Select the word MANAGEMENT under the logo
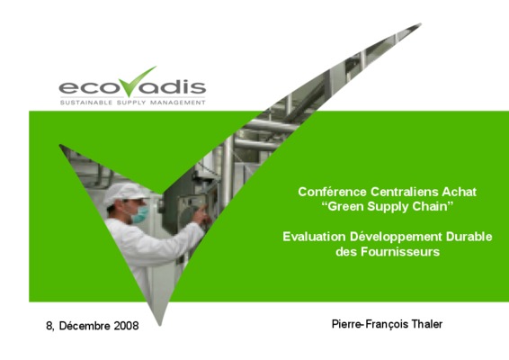click(x=177, y=103)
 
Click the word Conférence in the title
click(x=332, y=192)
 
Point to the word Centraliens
click(x=404, y=192)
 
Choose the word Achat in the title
click(x=459, y=192)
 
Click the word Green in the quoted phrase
click(x=345, y=207)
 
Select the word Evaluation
click(x=314, y=237)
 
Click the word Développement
click(x=396, y=238)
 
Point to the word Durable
click(x=469, y=237)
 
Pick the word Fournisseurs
click(x=400, y=252)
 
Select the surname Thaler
click(x=427, y=324)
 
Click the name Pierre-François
click(x=371, y=324)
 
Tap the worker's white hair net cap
click(x=125, y=193)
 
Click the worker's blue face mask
click(x=140, y=214)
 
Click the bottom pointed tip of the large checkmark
click(x=160, y=325)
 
